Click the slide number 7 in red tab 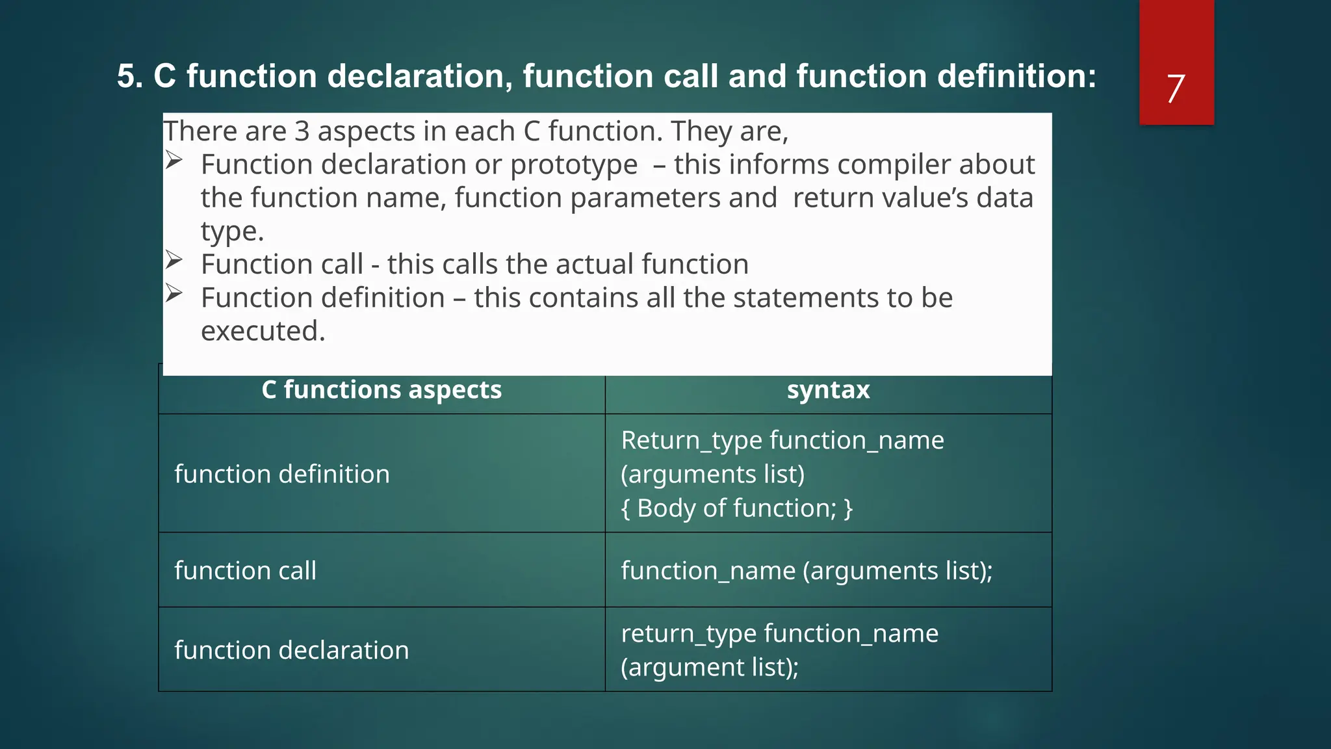[x=1175, y=88]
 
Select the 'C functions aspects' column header [x=381, y=390]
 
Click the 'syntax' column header [x=828, y=390]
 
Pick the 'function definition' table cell [x=281, y=474]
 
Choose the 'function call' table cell [x=245, y=570]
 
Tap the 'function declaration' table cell [x=291, y=650]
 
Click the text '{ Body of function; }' [x=736, y=508]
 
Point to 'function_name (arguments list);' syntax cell [x=806, y=570]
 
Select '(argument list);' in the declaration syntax [x=709, y=667]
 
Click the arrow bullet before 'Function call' [x=174, y=260]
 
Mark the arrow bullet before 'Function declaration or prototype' [x=174, y=160]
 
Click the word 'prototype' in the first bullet [x=573, y=164]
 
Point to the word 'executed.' [x=263, y=331]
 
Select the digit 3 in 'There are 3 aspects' [x=302, y=131]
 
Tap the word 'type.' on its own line [x=232, y=231]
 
